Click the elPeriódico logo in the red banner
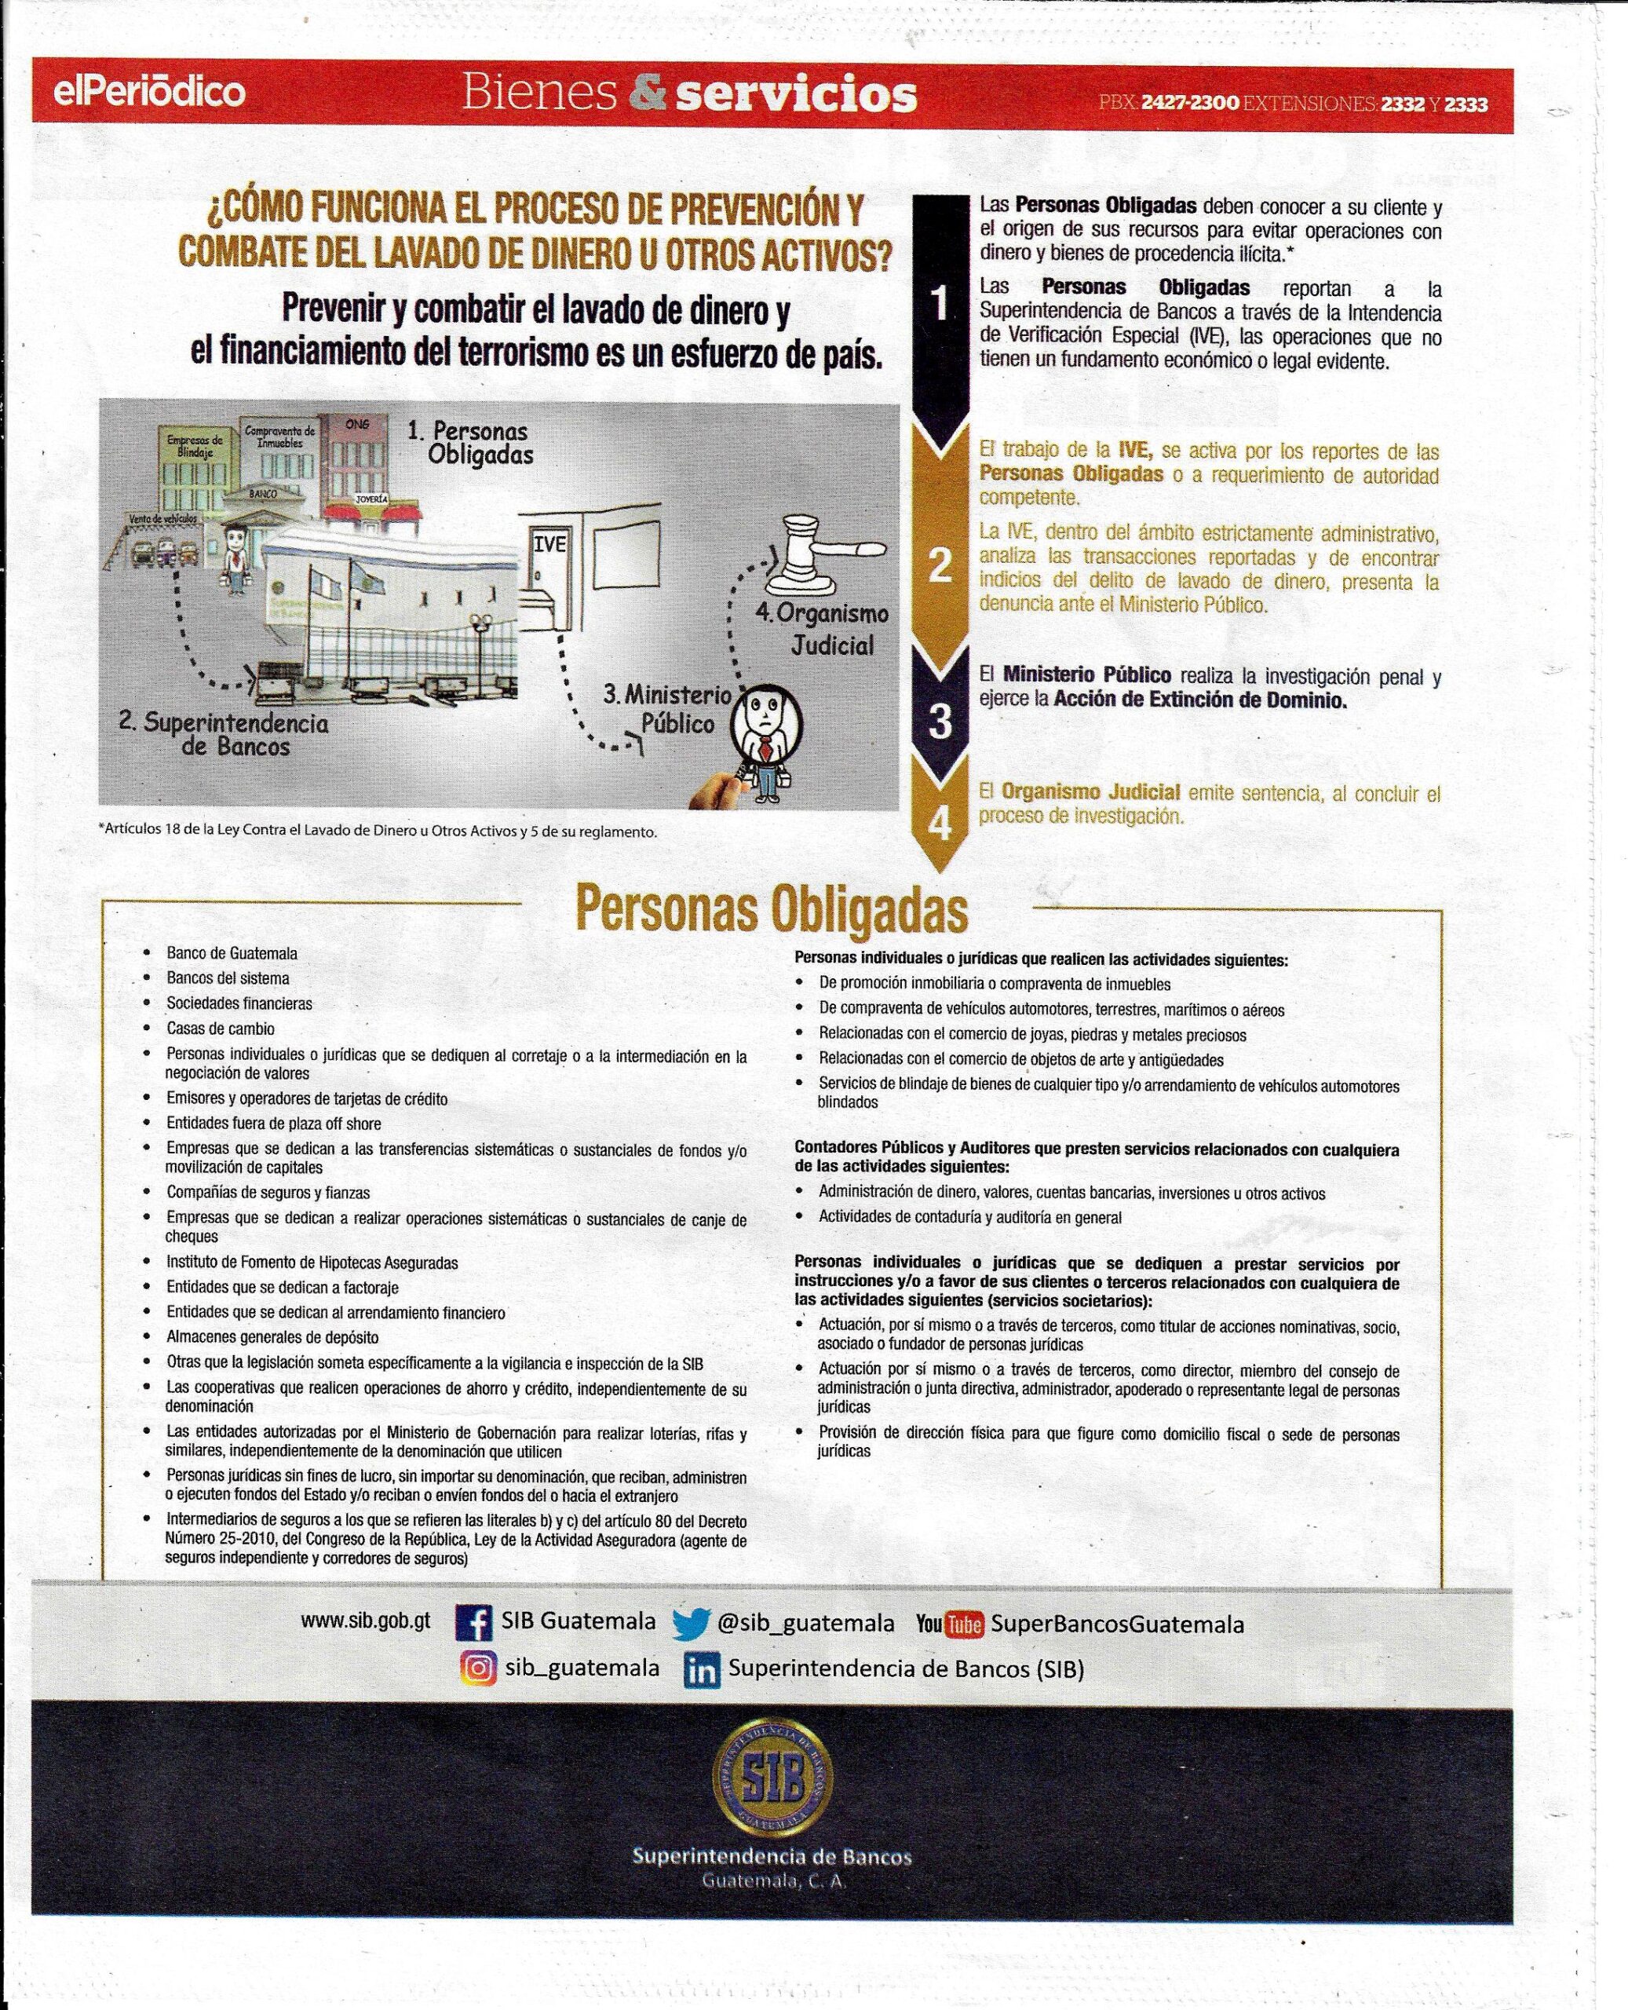pos(149,92)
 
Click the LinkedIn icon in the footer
pos(702,1671)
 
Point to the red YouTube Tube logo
pos(963,1624)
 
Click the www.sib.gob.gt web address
pos(365,1620)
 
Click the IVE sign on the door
pos(549,544)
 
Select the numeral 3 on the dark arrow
pos(940,720)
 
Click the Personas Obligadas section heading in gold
pos(771,908)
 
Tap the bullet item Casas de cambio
pos(221,1028)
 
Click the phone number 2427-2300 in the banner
pos(1189,103)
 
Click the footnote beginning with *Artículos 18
pos(377,831)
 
